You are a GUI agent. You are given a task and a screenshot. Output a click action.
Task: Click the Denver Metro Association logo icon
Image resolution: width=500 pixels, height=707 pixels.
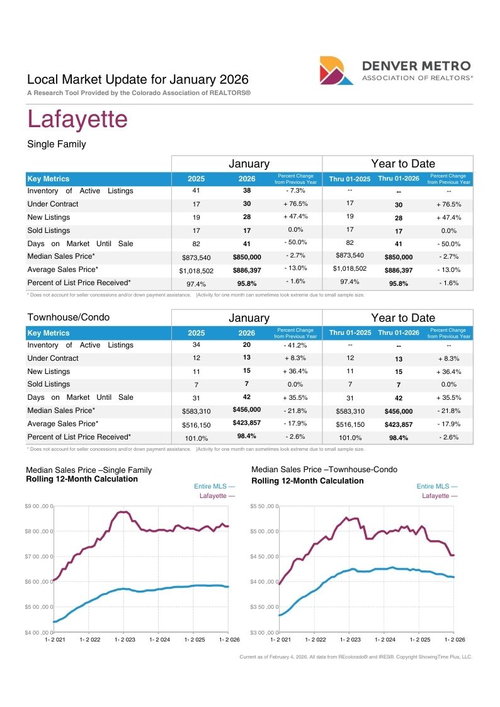336,71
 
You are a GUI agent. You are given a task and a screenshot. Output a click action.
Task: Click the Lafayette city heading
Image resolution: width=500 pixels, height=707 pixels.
77,119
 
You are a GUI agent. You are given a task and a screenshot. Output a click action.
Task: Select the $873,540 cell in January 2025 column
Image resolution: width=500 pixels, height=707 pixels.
196,257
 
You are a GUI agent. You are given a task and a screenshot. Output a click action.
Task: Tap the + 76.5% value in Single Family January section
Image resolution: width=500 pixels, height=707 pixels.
296,204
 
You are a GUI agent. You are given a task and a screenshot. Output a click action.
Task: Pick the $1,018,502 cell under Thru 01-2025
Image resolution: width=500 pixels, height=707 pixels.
350,268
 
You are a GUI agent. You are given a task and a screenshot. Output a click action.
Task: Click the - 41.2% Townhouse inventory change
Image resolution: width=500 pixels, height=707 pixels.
295,346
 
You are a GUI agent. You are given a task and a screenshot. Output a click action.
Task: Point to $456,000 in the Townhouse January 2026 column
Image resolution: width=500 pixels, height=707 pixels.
247,409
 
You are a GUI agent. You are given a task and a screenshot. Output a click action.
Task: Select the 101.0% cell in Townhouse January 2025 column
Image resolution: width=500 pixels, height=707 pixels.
196,438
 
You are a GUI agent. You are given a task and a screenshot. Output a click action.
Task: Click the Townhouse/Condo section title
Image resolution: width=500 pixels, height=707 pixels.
69,317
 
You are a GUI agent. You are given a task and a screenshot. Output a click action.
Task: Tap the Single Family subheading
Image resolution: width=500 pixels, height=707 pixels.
56,144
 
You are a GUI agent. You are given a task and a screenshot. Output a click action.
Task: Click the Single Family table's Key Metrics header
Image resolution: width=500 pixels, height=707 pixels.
48,179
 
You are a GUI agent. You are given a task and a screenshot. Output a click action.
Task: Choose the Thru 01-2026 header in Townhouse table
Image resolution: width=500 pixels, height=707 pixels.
399,332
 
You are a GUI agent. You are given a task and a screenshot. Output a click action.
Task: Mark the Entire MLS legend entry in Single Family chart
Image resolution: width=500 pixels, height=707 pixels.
214,486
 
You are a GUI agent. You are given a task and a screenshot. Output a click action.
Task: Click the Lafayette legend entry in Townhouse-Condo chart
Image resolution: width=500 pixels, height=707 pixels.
440,495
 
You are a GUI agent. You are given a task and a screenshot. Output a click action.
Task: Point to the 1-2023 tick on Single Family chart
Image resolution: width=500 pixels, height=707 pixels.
125,640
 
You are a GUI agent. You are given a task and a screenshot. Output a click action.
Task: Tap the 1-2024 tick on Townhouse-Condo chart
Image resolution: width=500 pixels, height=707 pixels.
385,640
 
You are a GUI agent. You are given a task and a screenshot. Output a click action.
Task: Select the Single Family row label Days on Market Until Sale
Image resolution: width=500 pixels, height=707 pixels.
80,244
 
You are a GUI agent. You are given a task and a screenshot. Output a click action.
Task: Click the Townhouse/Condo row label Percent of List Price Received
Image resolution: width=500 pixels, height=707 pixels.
79,437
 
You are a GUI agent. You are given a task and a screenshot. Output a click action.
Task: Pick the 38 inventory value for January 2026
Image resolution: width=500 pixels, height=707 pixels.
247,190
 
